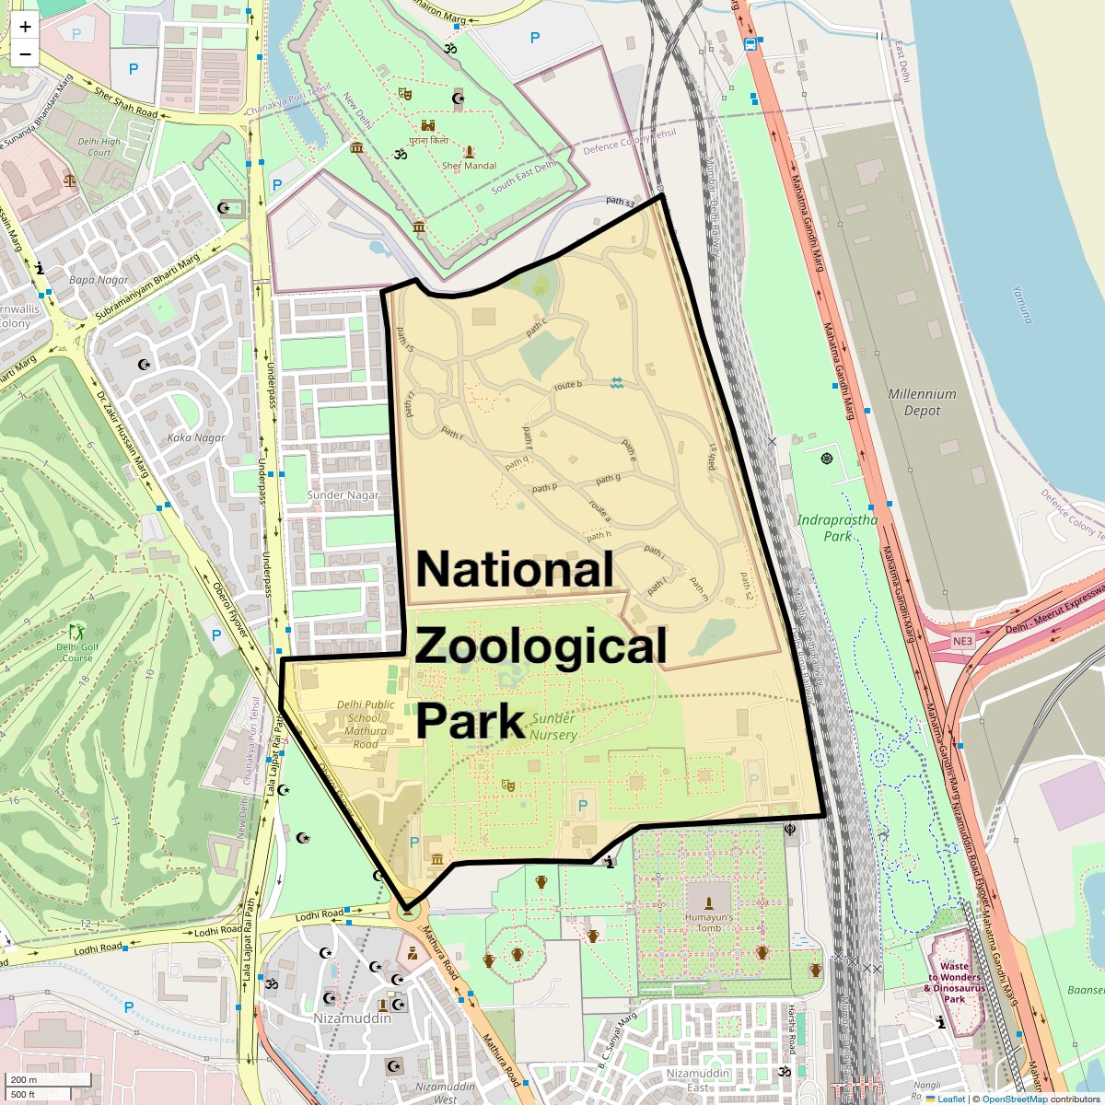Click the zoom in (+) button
[25, 26]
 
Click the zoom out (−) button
[25, 53]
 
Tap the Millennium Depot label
[922, 402]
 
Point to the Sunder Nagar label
[343, 494]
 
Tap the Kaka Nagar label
[196, 437]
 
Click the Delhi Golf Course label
[75, 652]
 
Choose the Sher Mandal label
[469, 166]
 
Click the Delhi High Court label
[99, 147]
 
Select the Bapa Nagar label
[99, 279]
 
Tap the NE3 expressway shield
[962, 640]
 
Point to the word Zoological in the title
[541, 646]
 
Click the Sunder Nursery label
[552, 727]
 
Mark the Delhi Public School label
[365, 724]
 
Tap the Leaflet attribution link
[951, 1099]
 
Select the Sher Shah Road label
[126, 102]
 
